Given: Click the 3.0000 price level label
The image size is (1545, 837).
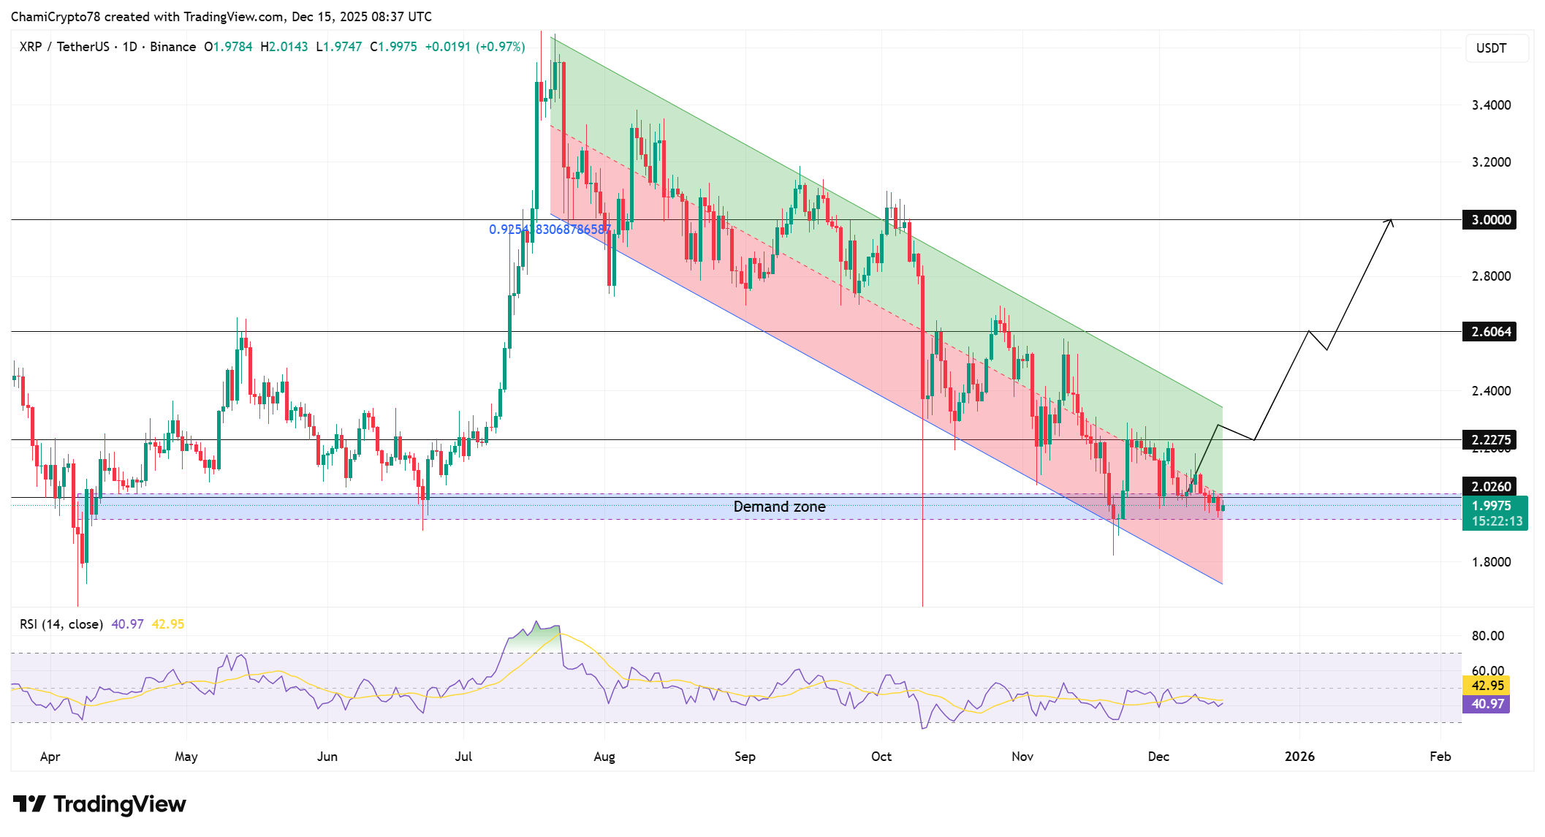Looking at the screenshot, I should [1490, 220].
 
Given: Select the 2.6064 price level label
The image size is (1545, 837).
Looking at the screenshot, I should [1490, 332].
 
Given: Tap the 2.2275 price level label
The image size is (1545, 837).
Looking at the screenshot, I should [1490, 440].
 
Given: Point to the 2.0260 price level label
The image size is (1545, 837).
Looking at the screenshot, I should [1490, 487].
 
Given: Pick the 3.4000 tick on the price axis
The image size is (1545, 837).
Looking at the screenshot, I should [1491, 105].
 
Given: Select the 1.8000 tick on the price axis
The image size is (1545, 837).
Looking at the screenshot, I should [1491, 562].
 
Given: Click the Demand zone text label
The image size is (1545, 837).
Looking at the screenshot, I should [779, 507].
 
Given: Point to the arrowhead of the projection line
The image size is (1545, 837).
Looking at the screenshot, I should [1391, 221].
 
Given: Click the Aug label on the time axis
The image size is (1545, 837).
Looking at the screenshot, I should [604, 757].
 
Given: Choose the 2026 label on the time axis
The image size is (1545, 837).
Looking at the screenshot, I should [1299, 757].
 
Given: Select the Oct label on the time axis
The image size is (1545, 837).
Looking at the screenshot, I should [881, 757].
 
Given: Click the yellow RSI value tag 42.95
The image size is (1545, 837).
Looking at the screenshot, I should [1487, 686].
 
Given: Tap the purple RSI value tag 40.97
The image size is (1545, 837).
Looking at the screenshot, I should [1487, 704].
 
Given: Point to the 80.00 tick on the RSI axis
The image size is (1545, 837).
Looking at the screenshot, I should [1488, 636].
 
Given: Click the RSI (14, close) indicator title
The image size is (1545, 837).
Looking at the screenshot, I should [61, 624].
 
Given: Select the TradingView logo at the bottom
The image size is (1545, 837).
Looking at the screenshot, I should [100, 804].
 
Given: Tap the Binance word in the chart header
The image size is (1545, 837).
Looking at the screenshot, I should [173, 47].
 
